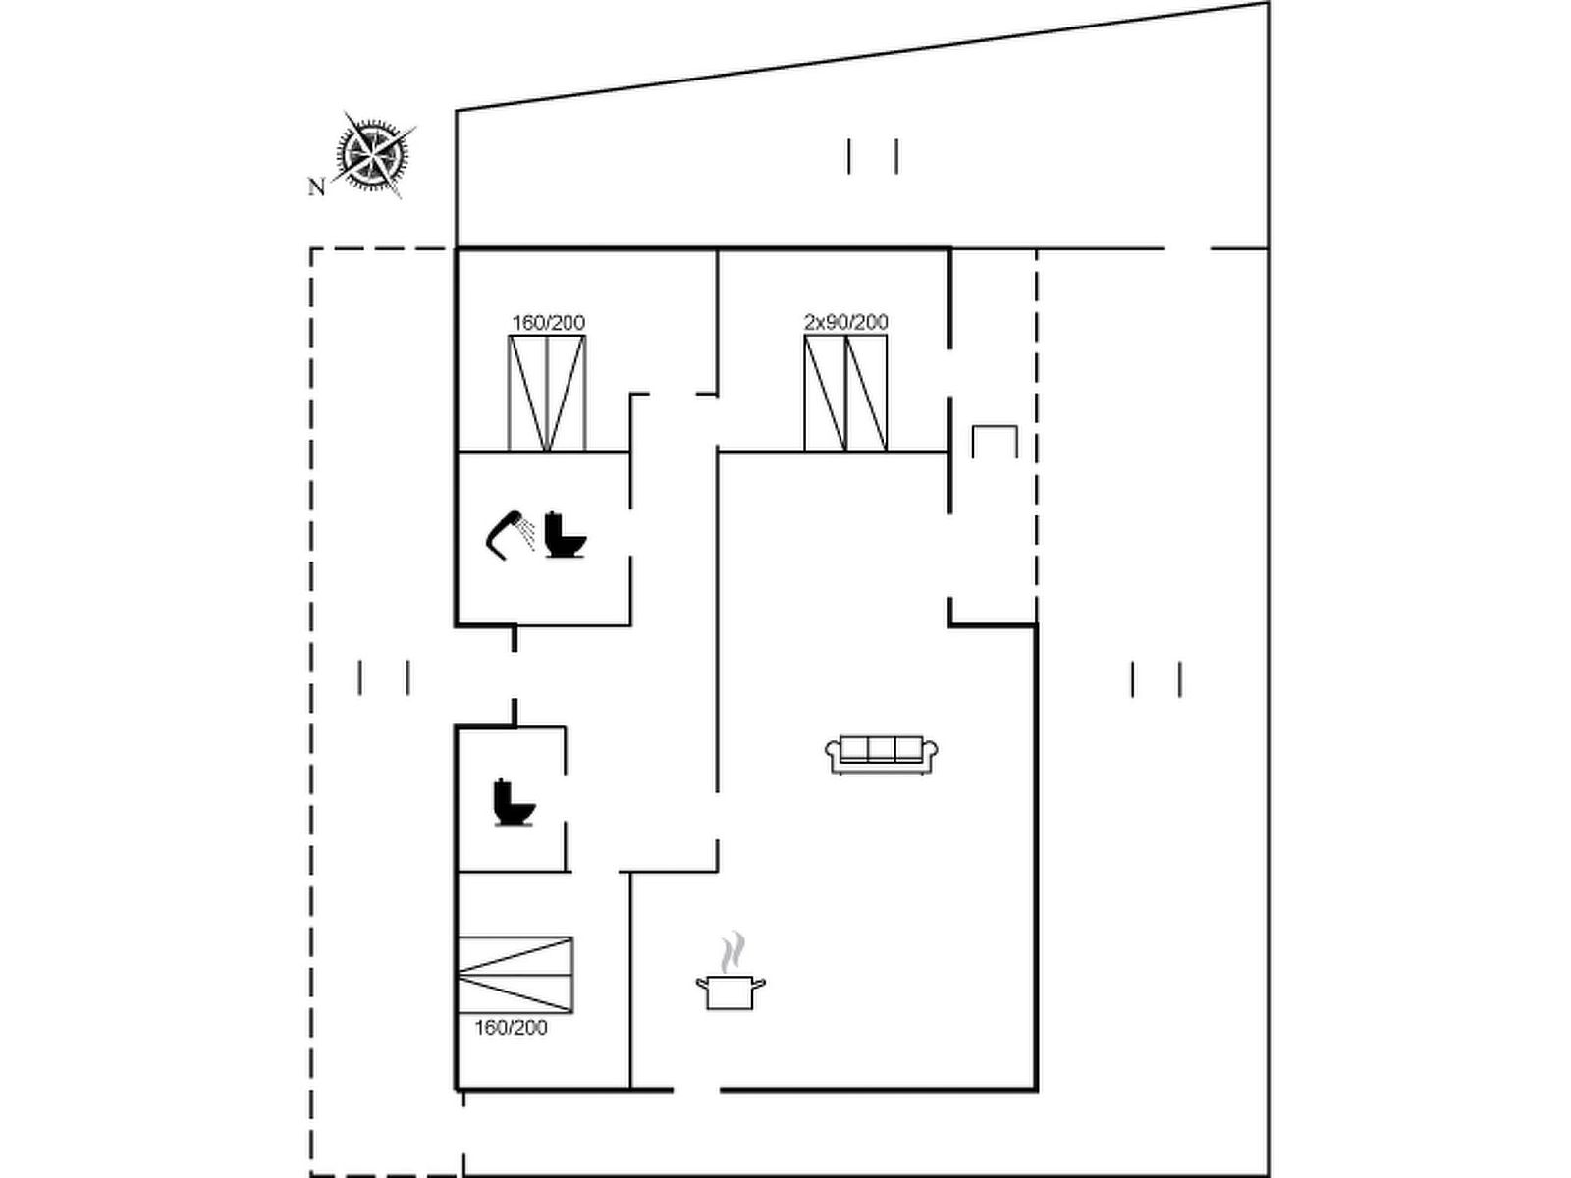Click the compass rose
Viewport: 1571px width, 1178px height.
click(374, 154)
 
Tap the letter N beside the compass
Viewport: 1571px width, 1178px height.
click(316, 187)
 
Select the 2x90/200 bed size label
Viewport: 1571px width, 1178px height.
click(845, 323)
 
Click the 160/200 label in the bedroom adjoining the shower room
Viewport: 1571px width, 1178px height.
click(548, 323)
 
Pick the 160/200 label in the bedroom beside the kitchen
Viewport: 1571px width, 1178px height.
click(511, 1028)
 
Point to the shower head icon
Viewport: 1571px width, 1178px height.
click(504, 534)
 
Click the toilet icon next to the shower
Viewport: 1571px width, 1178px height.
click(565, 535)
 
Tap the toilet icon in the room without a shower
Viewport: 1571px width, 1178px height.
click(514, 802)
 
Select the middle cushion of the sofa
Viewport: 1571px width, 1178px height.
click(881, 749)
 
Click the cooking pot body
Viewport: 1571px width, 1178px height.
click(731, 992)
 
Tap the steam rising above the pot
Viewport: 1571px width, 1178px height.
click(732, 952)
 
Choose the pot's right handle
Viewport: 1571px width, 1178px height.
click(759, 984)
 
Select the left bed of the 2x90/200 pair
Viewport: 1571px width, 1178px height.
click(825, 393)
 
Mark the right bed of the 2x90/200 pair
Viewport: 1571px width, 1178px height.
click(867, 393)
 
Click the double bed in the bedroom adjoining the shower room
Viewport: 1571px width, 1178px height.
click(548, 393)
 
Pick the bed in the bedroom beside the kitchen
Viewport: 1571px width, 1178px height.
click(515, 974)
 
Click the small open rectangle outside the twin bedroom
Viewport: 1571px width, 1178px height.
click(995, 427)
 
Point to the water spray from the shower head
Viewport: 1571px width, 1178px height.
click(527, 534)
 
